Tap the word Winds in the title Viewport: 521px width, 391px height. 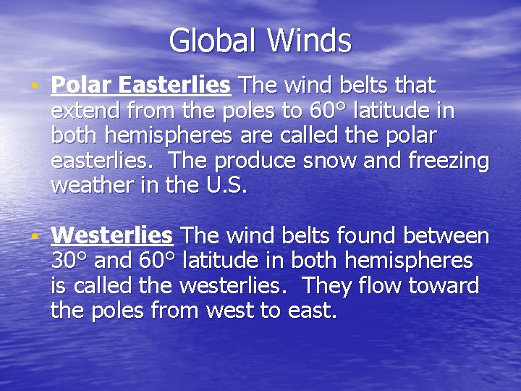309,41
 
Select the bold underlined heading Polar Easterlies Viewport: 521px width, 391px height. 140,86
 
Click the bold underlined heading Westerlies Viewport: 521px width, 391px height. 112,235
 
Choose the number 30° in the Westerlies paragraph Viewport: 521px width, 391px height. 69,260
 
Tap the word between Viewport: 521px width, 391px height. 446,235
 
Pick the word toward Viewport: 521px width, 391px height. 443,285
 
